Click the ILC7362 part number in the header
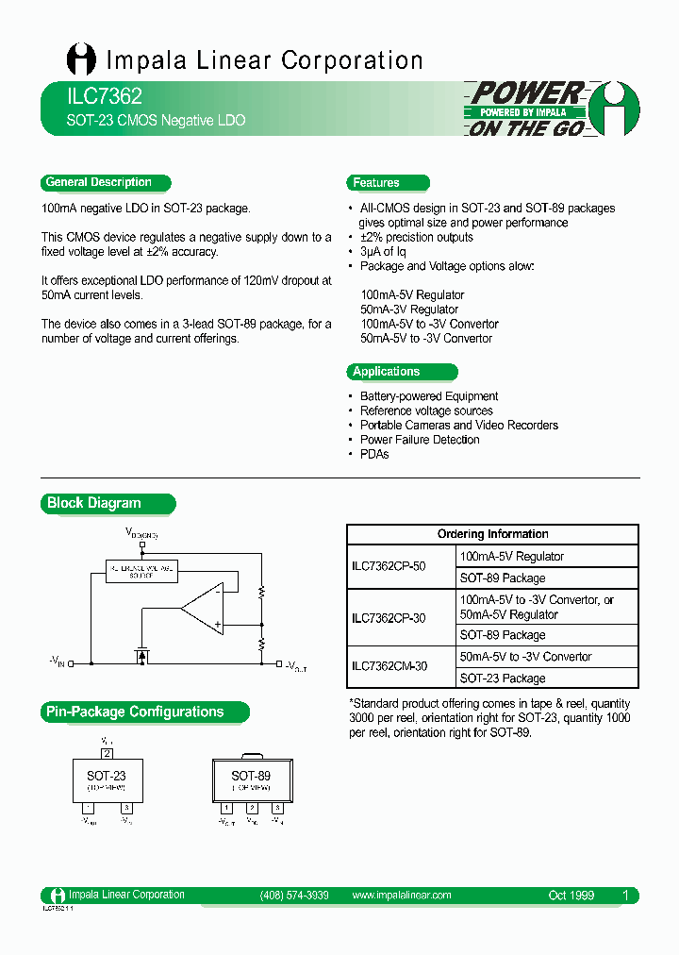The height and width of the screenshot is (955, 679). (x=92, y=96)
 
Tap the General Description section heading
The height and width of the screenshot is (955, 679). (x=99, y=183)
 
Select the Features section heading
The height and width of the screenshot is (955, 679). (x=376, y=183)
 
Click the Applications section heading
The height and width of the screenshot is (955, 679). (x=387, y=372)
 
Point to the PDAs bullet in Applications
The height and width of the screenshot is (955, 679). (x=374, y=454)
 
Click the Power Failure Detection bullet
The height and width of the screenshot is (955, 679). (x=420, y=440)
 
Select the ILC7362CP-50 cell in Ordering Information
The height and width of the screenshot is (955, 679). (x=389, y=567)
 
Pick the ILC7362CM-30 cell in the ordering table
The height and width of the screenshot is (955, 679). (x=389, y=666)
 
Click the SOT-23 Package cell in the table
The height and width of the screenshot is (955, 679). (x=503, y=679)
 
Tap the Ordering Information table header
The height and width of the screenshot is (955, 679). (x=492, y=534)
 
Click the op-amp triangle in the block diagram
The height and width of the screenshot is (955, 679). (x=202, y=609)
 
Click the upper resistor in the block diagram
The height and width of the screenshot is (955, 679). (x=261, y=594)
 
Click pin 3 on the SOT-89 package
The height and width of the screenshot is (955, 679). (x=277, y=809)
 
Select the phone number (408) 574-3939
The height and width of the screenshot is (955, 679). (x=294, y=896)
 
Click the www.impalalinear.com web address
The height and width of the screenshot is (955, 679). (x=401, y=896)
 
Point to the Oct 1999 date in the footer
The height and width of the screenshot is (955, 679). (x=571, y=896)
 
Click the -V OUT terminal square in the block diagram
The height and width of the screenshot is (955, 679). (x=277, y=664)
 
